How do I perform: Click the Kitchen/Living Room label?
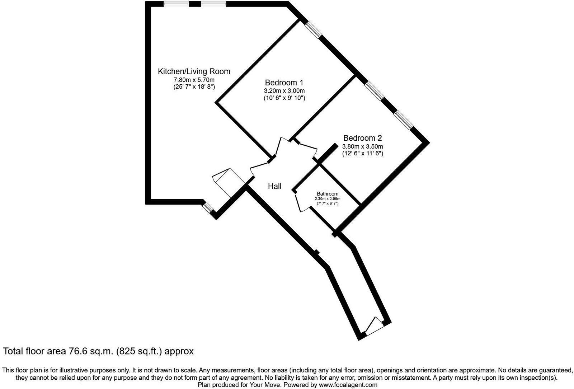(194, 71)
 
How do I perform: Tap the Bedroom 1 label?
(284, 82)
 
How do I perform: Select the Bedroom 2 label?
(362, 138)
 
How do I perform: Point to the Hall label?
(275, 186)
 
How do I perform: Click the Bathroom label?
(327, 194)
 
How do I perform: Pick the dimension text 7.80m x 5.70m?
(194, 80)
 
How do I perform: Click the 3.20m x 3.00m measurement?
(284, 91)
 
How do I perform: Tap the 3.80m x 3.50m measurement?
(362, 146)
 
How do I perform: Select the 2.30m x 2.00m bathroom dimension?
(327, 199)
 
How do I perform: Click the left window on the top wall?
(176, 4)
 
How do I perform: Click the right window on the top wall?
(213, 4)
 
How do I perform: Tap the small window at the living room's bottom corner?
(207, 207)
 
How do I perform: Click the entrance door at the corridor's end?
(373, 326)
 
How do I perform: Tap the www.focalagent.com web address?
(347, 385)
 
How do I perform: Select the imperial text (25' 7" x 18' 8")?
(194, 87)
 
